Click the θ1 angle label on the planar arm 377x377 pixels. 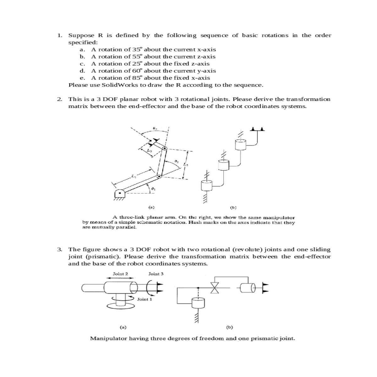153,189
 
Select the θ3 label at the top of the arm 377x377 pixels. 154,128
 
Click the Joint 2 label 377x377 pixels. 120,274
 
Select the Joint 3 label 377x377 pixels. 156,274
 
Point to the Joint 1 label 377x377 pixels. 144,299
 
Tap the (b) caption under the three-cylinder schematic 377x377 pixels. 233,207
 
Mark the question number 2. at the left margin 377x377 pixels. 60,99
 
